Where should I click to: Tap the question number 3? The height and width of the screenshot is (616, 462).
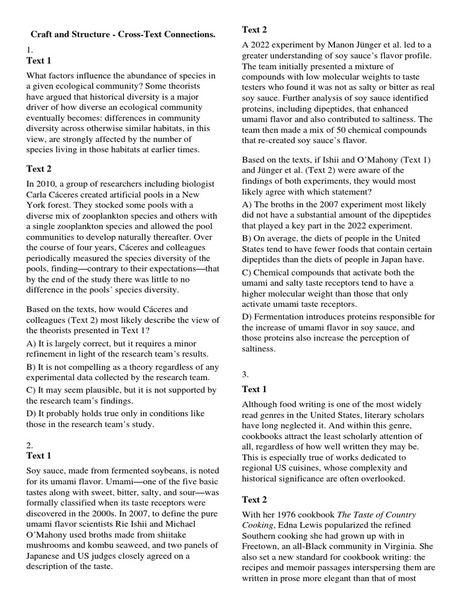(x=245, y=374)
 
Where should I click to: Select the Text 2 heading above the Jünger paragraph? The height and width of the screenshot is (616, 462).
(x=254, y=29)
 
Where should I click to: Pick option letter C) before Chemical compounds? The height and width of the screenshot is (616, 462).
(x=248, y=273)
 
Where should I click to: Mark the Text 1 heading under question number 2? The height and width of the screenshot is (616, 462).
(x=39, y=455)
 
